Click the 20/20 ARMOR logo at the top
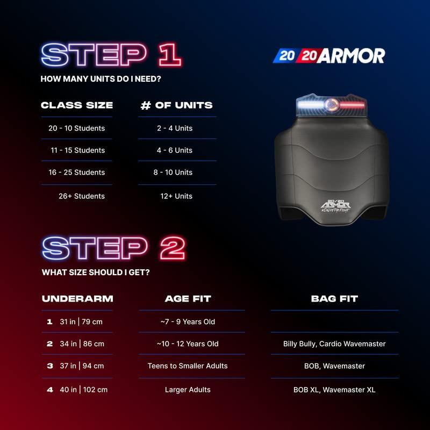329,56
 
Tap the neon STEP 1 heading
111,55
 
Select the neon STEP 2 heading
113,248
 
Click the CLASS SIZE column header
77,105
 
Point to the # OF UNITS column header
177,105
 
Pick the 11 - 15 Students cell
77,150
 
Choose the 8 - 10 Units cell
173,172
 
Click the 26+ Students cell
82,196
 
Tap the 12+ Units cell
176,196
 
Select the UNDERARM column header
77,299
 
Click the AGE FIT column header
188,299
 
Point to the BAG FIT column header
334,299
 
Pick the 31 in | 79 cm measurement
81,321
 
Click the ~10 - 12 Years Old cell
188,343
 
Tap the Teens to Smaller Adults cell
188,366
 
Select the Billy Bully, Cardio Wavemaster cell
334,344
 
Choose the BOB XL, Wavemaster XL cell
334,390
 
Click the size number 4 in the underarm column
50,390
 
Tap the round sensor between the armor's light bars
332,105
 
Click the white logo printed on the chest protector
335,206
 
